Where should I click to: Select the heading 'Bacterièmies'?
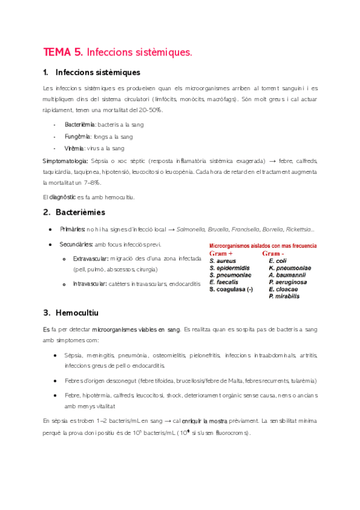(x=80, y=212)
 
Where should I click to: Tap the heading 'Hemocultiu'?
(x=76, y=313)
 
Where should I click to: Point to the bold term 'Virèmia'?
(x=76, y=148)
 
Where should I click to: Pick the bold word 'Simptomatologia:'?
(x=66, y=161)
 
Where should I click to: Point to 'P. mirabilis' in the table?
(x=284, y=296)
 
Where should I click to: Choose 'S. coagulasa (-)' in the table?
(x=231, y=289)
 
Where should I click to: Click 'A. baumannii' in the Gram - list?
(x=287, y=275)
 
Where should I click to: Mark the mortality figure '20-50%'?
(x=149, y=110)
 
